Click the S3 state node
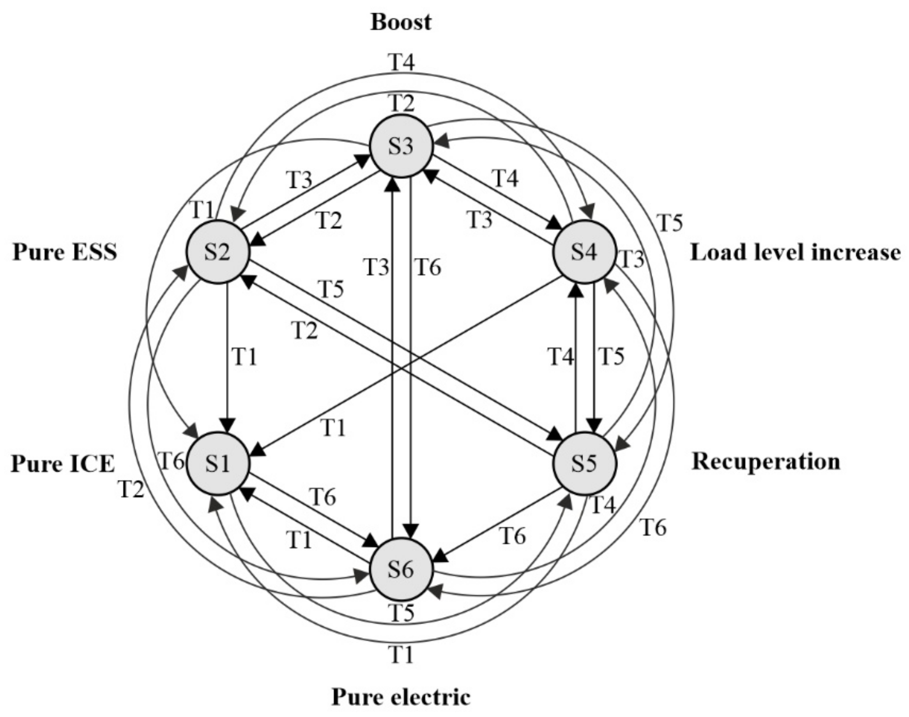pyautogui.click(x=401, y=146)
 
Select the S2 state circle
pyautogui.click(x=218, y=252)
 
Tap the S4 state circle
pyautogui.click(x=584, y=252)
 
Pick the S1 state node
pyautogui.click(x=218, y=463)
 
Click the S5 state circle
pyautogui.click(x=584, y=463)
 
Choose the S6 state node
pyautogui.click(x=401, y=570)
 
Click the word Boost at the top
pyautogui.click(x=401, y=22)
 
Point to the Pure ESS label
pyautogui.click(x=65, y=252)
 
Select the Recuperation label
pyautogui.click(x=766, y=462)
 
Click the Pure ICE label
pyautogui.click(x=62, y=464)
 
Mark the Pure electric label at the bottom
pyautogui.click(x=401, y=697)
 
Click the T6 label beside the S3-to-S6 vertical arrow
pyautogui.click(x=428, y=267)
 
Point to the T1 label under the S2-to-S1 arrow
pyautogui.click(x=244, y=357)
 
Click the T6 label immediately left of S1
pyautogui.click(x=172, y=462)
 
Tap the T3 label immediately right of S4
pyautogui.click(x=631, y=259)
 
